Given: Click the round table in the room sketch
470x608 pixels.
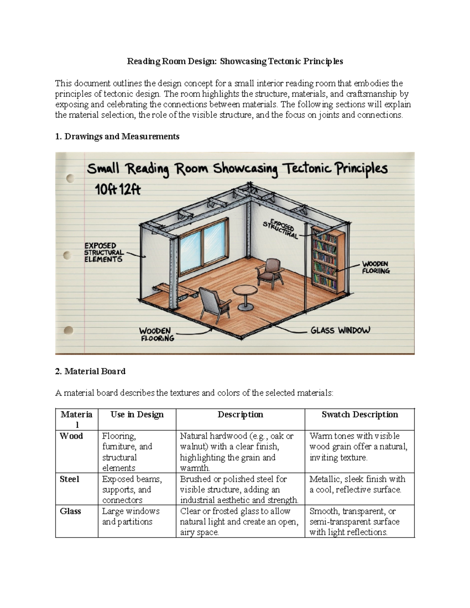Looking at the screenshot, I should pos(245,292).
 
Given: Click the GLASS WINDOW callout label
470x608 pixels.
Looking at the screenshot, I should pos(340,331).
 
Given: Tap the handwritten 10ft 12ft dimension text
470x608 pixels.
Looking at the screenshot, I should pos(117,190).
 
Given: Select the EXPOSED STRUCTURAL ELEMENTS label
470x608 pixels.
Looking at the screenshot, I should pos(104,253).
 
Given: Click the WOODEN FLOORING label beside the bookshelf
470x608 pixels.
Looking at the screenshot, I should pos(376,267).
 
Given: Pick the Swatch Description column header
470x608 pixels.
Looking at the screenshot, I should pos(360,415).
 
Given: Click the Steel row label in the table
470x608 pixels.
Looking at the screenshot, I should pos(69,479).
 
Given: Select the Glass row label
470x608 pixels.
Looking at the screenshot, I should pos(70,511).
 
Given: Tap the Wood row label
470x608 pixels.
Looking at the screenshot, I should pos(71,436).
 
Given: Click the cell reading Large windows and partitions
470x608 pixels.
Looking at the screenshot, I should pos(130,516).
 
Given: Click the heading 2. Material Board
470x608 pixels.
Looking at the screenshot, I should pos(90,371).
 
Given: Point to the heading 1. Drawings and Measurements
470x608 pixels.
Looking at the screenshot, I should pos(117,136).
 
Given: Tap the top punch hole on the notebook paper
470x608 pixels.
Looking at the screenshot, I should pos(70,179).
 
